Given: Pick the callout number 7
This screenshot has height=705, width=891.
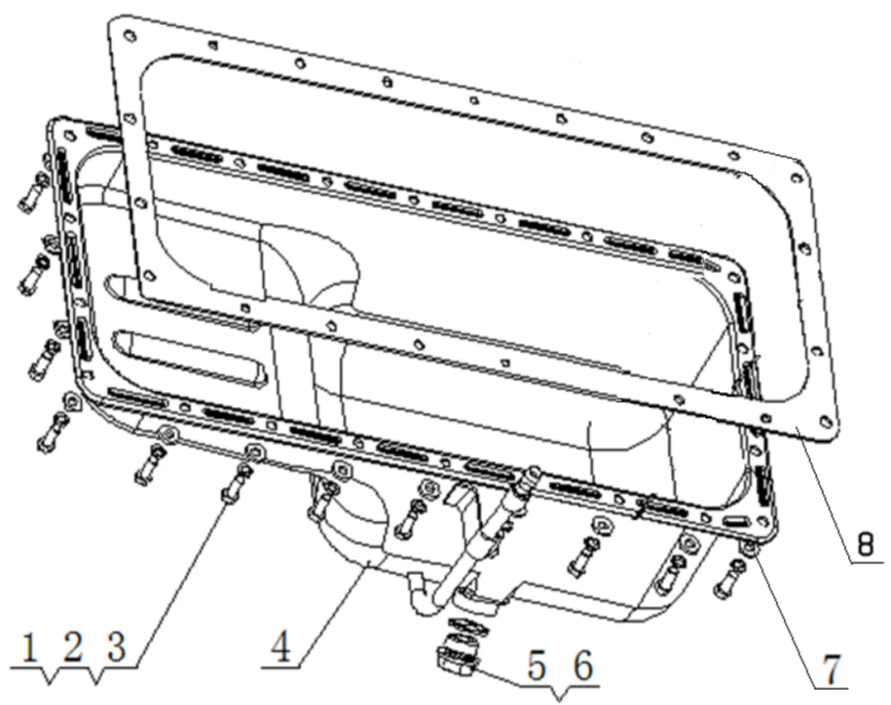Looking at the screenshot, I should [833, 669].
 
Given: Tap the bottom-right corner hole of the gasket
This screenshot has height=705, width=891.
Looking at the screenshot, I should [824, 422].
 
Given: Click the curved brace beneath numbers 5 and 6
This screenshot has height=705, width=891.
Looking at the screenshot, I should [559, 695].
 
